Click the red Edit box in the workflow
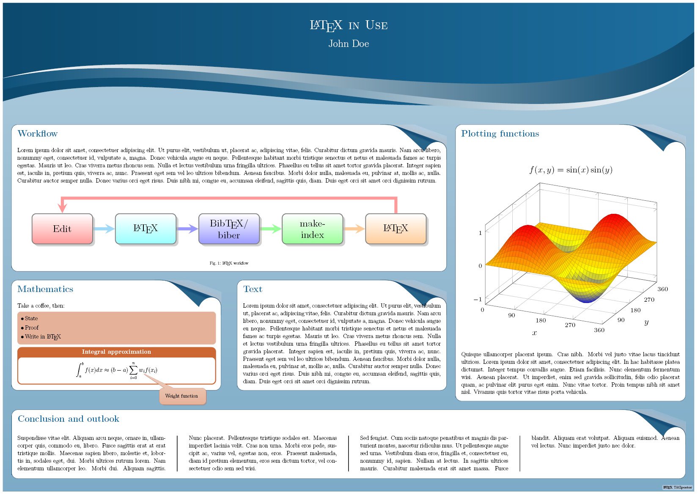62,229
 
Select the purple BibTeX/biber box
229,229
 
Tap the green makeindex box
312,229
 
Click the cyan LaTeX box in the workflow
146,229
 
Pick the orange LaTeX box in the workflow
396,229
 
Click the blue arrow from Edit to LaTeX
104,229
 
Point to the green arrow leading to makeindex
271,229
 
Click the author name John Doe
349,44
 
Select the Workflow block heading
37,134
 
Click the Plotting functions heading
500,134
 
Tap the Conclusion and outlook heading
68,419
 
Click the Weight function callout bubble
183,396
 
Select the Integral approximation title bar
116,352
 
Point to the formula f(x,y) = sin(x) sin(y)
571,170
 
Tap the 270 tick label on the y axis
649,300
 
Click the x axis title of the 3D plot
534,333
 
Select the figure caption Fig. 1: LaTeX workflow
229,263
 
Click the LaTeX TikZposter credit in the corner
677,488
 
